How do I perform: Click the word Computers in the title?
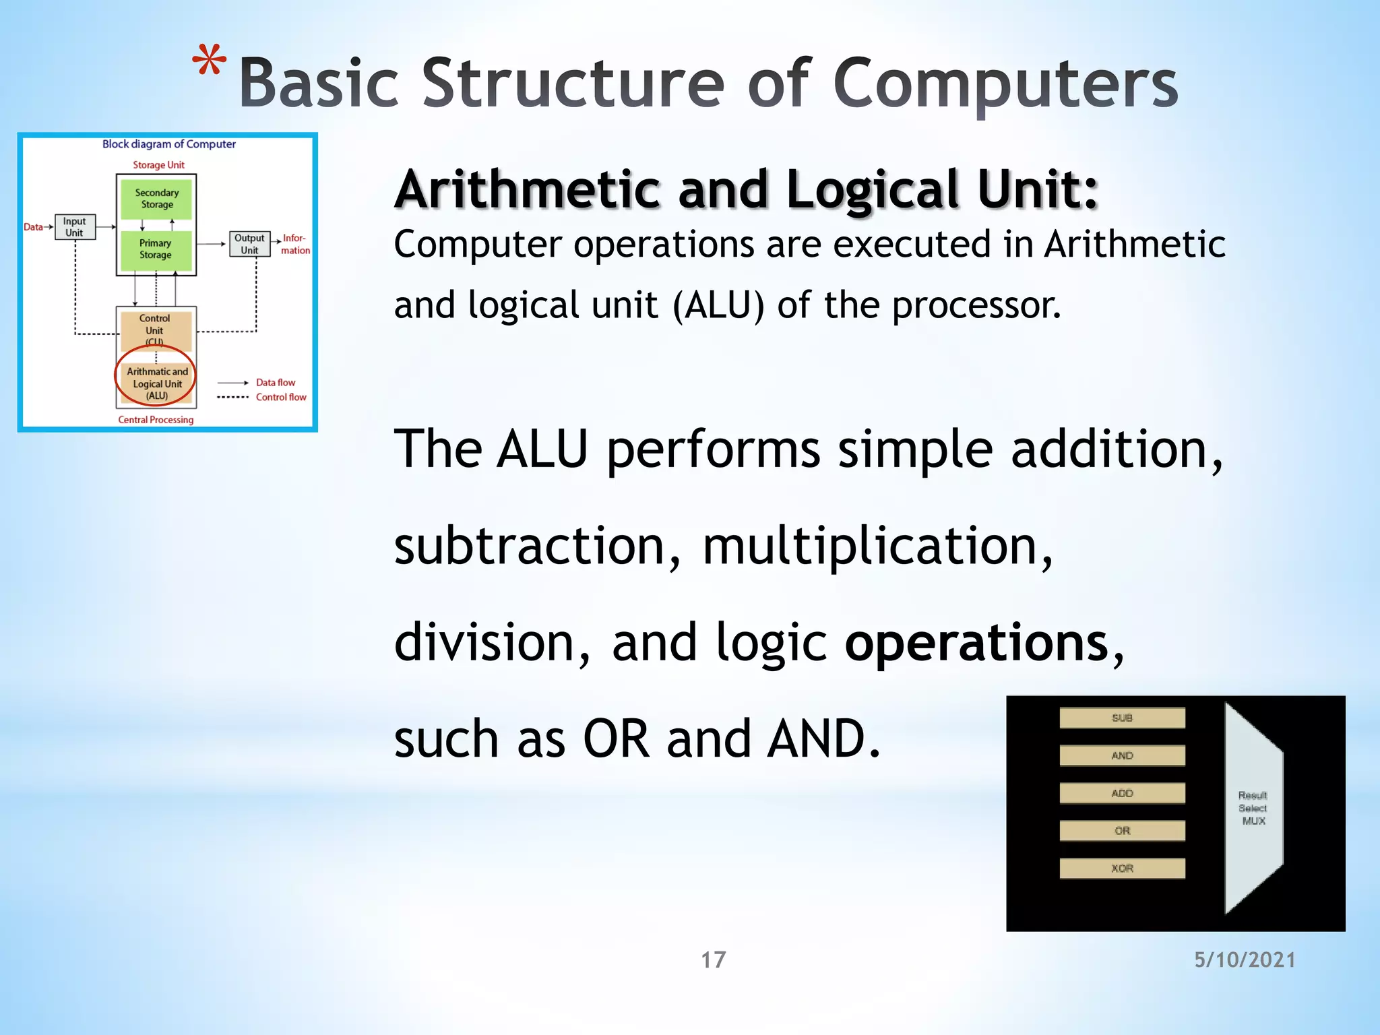1005,84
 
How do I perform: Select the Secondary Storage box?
156,199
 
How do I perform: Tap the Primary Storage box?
156,249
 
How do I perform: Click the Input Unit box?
74,227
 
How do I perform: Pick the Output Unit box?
249,244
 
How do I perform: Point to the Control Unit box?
155,328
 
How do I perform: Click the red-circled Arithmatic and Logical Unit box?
156,383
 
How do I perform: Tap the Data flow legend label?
275,383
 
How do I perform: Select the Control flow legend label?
281,398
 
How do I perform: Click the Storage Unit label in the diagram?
158,165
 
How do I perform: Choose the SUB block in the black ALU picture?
1122,718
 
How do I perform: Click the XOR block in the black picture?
1122,869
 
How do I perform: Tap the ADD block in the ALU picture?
1122,794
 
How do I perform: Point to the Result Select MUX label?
1253,809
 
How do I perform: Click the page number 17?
713,960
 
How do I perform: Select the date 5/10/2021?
1245,960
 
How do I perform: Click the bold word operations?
976,644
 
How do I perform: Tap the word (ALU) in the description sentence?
718,306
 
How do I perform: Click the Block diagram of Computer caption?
168,144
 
